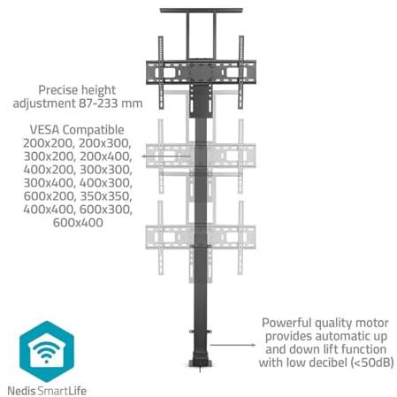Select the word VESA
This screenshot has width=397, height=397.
tap(44, 130)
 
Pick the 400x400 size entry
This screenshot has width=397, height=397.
tap(49, 210)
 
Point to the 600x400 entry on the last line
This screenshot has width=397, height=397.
tap(78, 223)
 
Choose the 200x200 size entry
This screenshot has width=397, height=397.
tap(49, 143)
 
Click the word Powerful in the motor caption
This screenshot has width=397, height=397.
tap(286, 323)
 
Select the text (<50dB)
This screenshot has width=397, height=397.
tap(372, 363)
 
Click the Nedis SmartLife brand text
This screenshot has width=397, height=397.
tap(47, 391)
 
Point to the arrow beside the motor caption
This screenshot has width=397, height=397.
tap(233, 345)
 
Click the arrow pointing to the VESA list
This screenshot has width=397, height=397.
tap(166, 156)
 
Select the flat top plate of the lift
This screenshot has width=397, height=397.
tap(202, 11)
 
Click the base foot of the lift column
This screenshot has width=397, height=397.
tap(201, 363)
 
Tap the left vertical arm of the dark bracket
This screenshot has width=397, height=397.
tap(161, 73)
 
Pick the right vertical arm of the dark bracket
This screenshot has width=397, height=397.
tap(241, 73)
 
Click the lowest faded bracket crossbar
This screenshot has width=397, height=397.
tap(201, 237)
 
